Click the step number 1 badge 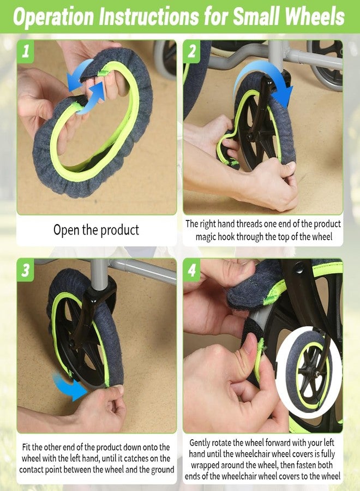click(x=25, y=51)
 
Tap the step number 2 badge click(x=192, y=51)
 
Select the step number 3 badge click(x=25, y=270)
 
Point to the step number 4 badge click(x=192, y=270)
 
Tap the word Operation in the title click(x=53, y=17)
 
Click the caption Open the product click(x=96, y=230)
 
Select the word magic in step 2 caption click(x=205, y=237)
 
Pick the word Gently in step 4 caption click(x=200, y=443)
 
